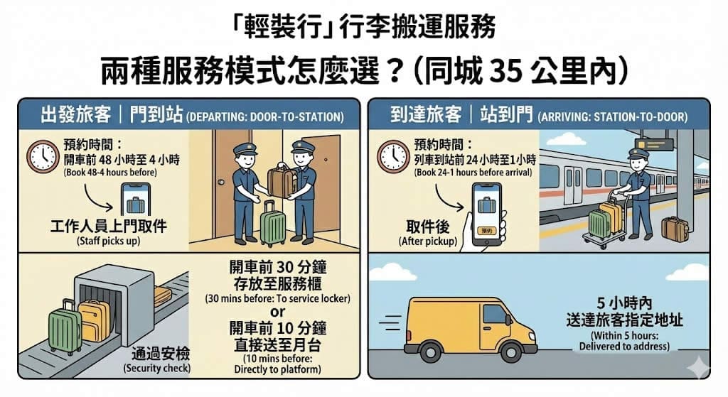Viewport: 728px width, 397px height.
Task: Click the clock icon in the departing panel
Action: tap(43, 157)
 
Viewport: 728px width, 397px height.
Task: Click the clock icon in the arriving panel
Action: tap(393, 157)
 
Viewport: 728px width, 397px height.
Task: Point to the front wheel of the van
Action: tap(511, 352)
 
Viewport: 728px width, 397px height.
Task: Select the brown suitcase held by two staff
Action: tap(281, 180)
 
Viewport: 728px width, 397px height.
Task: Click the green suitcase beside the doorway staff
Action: tap(273, 224)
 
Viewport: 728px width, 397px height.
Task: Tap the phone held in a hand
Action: tap(486, 213)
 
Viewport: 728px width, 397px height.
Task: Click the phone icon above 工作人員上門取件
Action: tap(136, 200)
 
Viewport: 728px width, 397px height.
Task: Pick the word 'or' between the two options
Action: tap(278, 312)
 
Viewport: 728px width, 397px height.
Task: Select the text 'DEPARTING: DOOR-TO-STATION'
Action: tap(265, 117)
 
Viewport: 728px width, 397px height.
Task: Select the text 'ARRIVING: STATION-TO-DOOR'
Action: tap(613, 117)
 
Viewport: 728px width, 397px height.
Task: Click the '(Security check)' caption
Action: tap(157, 369)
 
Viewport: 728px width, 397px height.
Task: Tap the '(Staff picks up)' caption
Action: tap(108, 241)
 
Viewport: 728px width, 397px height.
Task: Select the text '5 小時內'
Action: tap(624, 303)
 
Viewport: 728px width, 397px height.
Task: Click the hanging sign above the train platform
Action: tap(654, 144)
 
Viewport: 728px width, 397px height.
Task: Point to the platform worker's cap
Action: tap(638, 153)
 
